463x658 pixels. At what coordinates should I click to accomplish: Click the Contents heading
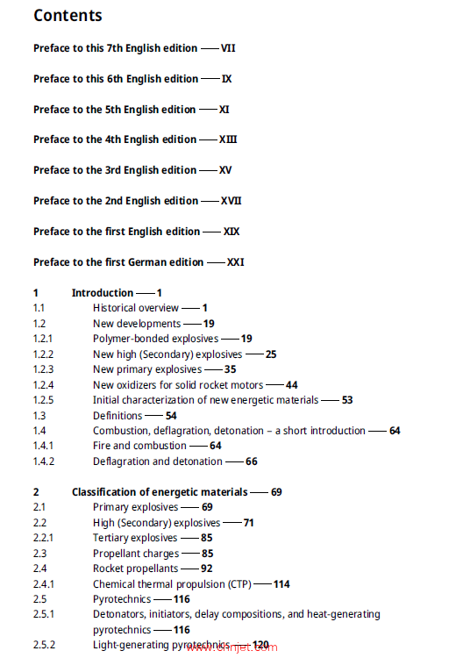(68, 16)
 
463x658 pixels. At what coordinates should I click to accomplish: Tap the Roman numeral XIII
(229, 139)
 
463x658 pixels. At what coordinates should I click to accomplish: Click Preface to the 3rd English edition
(115, 170)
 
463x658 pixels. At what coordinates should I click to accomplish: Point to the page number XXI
(237, 262)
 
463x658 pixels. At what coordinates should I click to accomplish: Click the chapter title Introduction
(103, 293)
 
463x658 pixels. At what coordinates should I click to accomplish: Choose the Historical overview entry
(136, 308)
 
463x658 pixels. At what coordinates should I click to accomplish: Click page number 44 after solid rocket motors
(292, 385)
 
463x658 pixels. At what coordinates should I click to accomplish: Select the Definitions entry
(118, 416)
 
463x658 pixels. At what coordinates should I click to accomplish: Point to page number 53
(347, 400)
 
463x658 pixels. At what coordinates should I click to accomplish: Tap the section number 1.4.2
(44, 461)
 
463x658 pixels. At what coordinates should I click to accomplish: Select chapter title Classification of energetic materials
(159, 492)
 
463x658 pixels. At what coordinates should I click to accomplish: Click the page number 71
(249, 523)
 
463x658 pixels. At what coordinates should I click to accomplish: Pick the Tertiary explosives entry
(135, 538)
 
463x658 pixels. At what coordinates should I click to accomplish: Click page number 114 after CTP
(281, 584)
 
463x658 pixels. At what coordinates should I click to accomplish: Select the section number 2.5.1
(44, 614)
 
